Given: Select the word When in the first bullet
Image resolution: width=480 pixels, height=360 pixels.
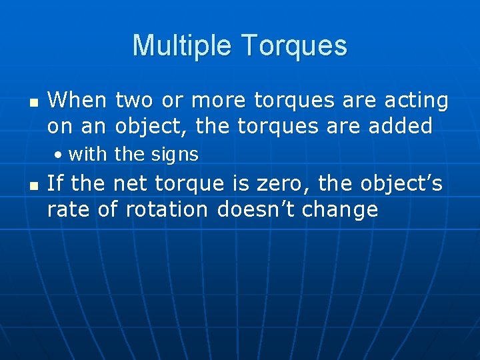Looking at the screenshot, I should tap(77, 101).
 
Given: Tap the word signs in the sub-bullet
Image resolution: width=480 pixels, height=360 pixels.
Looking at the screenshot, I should tap(175, 155).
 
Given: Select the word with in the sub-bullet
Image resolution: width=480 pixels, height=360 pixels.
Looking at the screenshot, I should tap(87, 155).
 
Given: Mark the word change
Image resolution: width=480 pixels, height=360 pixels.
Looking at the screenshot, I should tap(340, 209).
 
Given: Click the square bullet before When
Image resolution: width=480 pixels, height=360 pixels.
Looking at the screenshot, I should tap(33, 103).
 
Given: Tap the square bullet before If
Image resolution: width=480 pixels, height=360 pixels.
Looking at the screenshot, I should tap(33, 187).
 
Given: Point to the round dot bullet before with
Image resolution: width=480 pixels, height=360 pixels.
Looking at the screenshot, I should tap(59, 155).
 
